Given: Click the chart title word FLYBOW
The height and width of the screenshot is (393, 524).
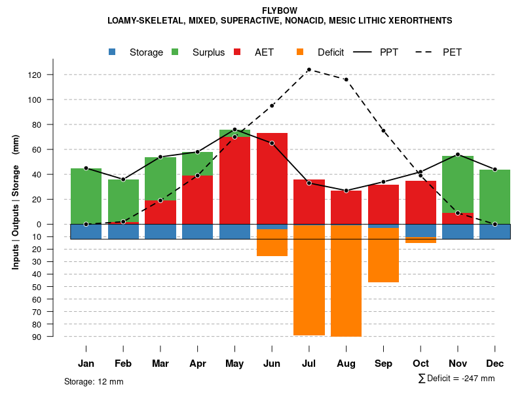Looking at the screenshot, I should coord(280,11).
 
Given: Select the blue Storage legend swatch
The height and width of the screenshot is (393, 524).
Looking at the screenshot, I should coord(113,52).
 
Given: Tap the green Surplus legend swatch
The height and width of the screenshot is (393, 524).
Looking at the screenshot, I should coord(175,52).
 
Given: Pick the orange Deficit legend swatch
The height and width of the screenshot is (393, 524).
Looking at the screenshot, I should coord(300,52).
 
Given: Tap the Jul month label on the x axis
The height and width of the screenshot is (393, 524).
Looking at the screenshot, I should coord(309,364).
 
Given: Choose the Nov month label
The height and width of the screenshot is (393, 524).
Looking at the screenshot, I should coord(458,364).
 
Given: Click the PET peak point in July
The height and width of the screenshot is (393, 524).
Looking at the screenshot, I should coord(309,69).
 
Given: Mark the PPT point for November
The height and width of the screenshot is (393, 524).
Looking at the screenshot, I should coord(458,155).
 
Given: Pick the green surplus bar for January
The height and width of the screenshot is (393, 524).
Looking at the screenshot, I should coord(86,196).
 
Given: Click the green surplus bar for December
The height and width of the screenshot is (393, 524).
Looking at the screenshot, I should coord(495,196).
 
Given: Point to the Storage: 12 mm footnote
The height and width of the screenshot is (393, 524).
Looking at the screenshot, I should coord(94,381).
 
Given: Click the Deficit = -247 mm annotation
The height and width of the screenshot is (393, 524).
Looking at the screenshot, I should coord(457,379).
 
